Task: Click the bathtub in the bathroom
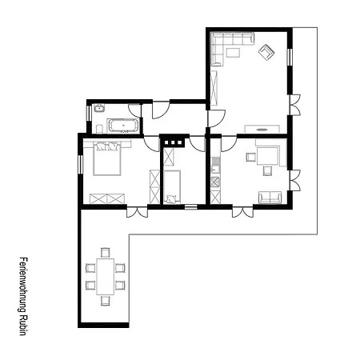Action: coord(123,126)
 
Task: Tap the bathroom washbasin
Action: coord(99,108)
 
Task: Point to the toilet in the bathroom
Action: coord(99,129)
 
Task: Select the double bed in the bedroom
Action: coord(107,158)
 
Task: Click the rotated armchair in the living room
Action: coord(266,52)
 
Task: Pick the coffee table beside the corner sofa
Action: coord(233,52)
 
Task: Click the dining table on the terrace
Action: coord(106,276)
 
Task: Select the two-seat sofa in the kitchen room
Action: coord(270,198)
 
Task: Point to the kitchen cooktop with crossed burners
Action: coord(215,182)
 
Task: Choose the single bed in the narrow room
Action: coord(172,187)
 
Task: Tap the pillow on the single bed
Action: coord(171,199)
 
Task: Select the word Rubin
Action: coord(23,325)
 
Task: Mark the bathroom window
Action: coord(89,114)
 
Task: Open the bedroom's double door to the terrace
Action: coord(137,211)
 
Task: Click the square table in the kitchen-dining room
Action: coord(268,156)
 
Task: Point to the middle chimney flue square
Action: coord(173,142)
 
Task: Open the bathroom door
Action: coord(134,110)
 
